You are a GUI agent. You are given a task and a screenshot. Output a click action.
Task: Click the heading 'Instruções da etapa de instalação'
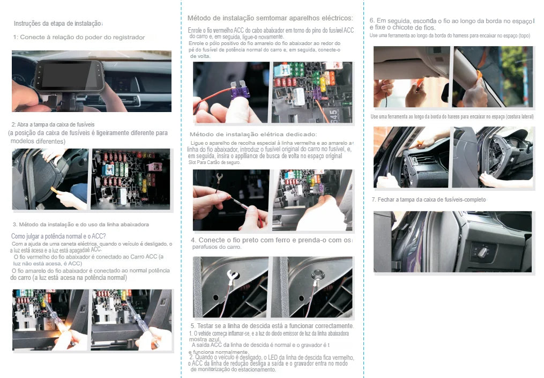pos(58,24)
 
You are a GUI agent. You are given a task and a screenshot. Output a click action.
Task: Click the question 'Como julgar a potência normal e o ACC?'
pos(58,236)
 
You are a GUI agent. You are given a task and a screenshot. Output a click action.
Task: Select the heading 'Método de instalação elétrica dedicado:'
pos(253,134)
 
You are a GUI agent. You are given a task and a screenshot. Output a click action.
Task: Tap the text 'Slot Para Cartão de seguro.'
pos(215,162)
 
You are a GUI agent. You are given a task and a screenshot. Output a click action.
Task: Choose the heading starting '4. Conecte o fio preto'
pos(271,240)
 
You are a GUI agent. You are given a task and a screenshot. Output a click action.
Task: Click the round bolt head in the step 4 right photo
pos(316,275)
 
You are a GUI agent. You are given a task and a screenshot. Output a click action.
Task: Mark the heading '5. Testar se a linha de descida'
pos(272,326)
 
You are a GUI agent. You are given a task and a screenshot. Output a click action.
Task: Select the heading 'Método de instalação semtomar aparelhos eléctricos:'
pos(270,18)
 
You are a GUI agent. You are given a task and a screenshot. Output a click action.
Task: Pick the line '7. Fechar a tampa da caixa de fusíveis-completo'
pos(428,199)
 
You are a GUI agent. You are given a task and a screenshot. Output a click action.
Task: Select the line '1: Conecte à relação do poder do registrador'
pos(79,38)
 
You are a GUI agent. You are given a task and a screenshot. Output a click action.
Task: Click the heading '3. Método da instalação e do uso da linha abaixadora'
pos(80,224)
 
